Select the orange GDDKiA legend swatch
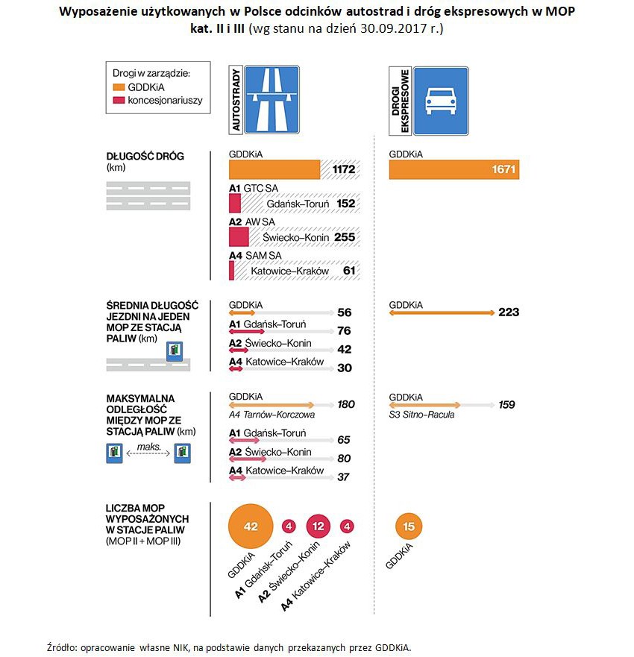[x=119, y=87]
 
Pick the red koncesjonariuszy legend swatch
[x=119, y=100]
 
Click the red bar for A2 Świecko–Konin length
[x=238, y=236]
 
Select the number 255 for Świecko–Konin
[x=344, y=237]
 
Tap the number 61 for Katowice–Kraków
[x=348, y=271]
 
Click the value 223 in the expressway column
[x=509, y=312]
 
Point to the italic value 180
[x=345, y=405]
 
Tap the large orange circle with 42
[x=251, y=526]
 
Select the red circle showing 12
[x=318, y=526]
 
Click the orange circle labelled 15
[x=408, y=526]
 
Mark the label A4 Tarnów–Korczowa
[x=272, y=415]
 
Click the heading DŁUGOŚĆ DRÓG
[x=145, y=157]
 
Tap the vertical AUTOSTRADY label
[x=236, y=100]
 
